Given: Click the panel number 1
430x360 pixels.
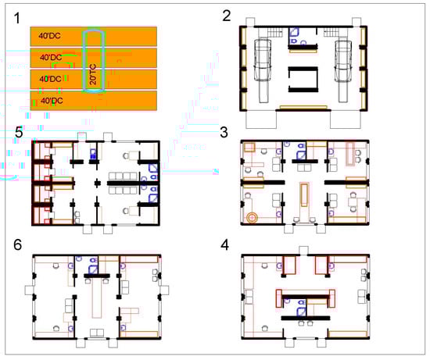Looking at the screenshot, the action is pos(17,19).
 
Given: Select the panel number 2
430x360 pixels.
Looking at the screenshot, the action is pos(227,16).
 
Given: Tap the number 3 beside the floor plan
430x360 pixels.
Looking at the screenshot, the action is pos(224,132).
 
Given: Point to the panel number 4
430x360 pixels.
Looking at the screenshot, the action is pos(224,245).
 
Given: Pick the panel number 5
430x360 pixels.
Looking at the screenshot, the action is pos(19,133).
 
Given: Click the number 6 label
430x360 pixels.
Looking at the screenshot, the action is pos(17,244).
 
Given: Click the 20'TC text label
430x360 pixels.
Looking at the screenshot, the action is pos(93,74).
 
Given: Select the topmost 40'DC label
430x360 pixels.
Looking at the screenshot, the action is pos(49,36).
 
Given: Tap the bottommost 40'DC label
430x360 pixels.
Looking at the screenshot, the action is pos(52,101).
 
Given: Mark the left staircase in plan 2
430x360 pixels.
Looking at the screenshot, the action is pos(274,33).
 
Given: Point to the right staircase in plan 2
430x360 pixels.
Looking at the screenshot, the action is pos(331,33).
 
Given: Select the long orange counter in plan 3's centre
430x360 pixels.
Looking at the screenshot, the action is pos(304,194).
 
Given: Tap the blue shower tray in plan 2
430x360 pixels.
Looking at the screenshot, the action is pos(294,32).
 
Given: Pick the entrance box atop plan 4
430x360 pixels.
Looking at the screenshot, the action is pos(303,251).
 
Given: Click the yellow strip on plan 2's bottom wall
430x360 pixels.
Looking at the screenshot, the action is pos(303,107).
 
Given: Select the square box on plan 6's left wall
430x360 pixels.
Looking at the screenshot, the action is pos(29,290).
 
